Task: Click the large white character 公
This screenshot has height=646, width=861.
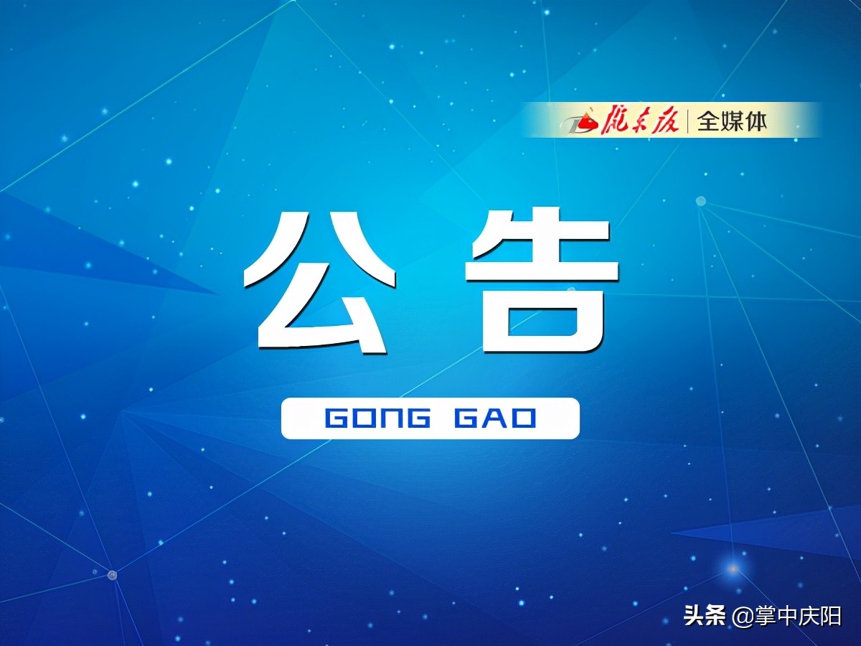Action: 320,281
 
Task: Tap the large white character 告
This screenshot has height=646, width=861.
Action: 542,280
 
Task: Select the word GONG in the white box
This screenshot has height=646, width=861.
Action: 377,418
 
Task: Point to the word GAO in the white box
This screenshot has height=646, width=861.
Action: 495,418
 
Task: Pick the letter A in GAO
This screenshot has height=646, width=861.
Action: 495,418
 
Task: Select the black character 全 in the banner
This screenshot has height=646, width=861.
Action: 708,121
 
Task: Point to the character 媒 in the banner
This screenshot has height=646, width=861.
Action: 732,121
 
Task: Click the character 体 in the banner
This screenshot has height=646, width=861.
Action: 755,121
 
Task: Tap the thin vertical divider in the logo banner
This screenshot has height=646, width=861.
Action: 687,121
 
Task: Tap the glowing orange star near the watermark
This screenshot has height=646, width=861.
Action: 733,568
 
